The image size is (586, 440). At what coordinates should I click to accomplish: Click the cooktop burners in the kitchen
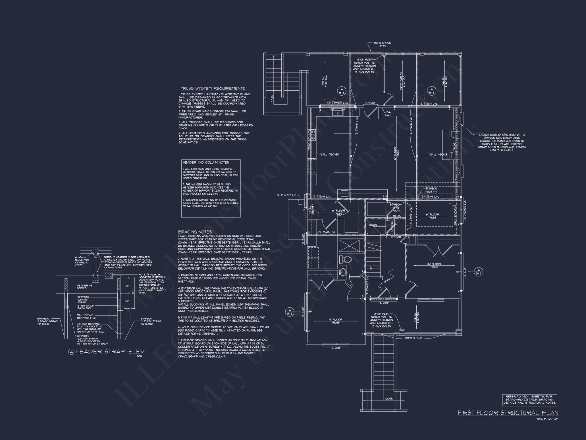pyautogui.click(x=311, y=135)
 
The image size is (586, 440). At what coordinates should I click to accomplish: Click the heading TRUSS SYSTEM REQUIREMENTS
pyautogui.click(x=213, y=88)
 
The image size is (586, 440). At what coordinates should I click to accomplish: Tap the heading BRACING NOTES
pyautogui.click(x=195, y=232)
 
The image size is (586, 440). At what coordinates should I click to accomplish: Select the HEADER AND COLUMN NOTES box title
pyautogui.click(x=206, y=163)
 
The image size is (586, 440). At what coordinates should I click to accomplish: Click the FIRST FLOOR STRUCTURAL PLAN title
pyautogui.click(x=508, y=413)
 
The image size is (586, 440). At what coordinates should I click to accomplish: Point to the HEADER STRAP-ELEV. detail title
pyautogui.click(x=110, y=352)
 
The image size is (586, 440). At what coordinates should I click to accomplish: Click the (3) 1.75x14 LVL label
pyautogui.click(x=428, y=104)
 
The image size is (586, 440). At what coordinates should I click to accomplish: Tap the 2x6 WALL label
pyautogui.click(x=389, y=114)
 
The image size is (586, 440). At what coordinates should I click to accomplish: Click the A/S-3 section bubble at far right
pyautogui.click(x=478, y=272)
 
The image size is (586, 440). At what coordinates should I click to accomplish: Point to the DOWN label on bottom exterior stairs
pyautogui.click(x=389, y=399)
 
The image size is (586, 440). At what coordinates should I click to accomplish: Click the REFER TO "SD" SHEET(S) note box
pyautogui.click(x=529, y=400)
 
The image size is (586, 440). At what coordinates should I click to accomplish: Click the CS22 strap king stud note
pyautogui.click(x=502, y=143)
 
